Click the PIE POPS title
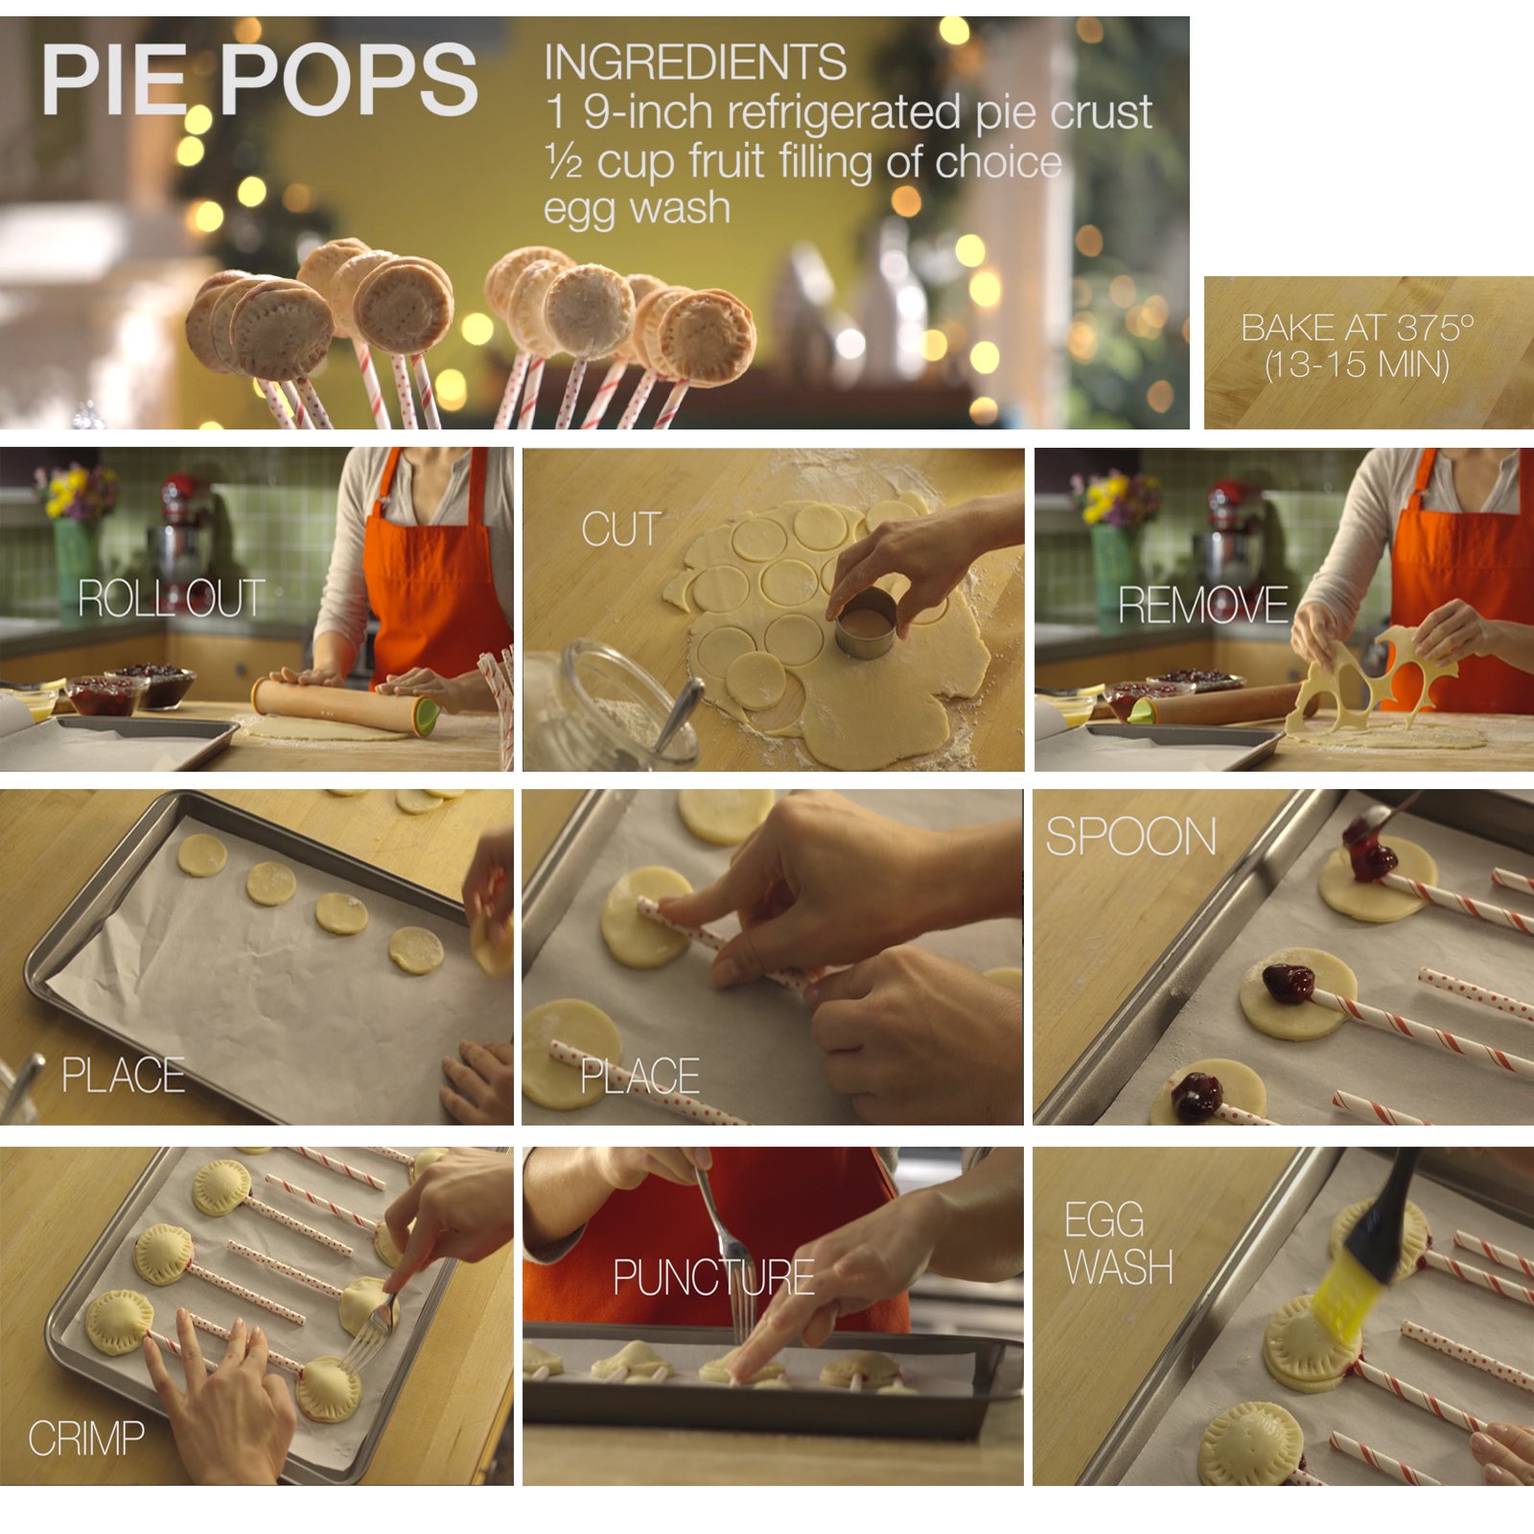tap(259, 80)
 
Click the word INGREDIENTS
tap(695, 63)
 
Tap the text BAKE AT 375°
tap(1357, 328)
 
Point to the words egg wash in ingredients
tap(637, 209)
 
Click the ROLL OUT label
tap(171, 598)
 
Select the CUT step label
tap(621, 529)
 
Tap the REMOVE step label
tap(1202, 605)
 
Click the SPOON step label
tap(1130, 836)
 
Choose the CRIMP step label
tap(86, 1438)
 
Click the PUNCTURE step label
tap(713, 1277)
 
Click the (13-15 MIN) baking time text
tap(1357, 365)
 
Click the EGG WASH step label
tap(1119, 1243)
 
